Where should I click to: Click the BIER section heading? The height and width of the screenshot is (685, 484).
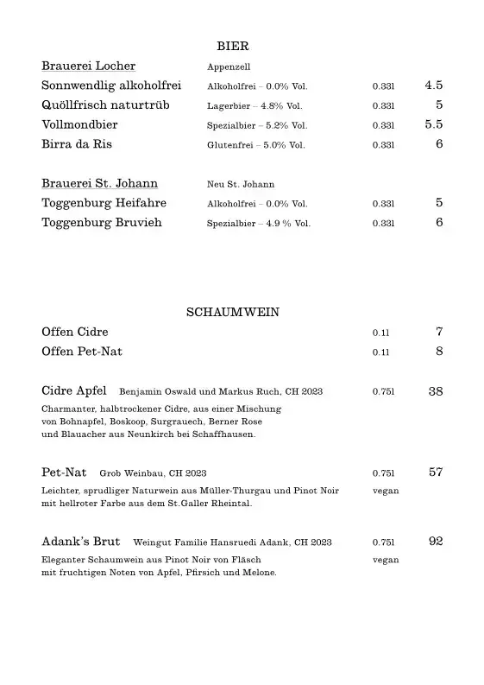pyautogui.click(x=232, y=47)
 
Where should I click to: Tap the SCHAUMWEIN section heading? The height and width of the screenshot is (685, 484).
pyautogui.click(x=232, y=313)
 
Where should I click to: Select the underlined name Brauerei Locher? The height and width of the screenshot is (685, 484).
pyautogui.click(x=88, y=67)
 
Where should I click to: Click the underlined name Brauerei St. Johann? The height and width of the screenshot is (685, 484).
pyautogui.click(x=99, y=184)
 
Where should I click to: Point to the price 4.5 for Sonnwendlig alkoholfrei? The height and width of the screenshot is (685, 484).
pyautogui.click(x=433, y=86)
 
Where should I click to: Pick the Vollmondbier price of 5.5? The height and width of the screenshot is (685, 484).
pyautogui.click(x=433, y=124)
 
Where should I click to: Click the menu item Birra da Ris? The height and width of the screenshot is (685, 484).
pyautogui.click(x=77, y=144)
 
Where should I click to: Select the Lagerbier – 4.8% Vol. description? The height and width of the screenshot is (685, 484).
pyautogui.click(x=255, y=106)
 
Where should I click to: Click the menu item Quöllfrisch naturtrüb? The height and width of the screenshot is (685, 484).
pyautogui.click(x=105, y=105)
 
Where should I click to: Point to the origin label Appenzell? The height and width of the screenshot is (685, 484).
pyautogui.click(x=228, y=67)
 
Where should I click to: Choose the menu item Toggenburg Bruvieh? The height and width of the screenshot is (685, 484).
pyautogui.click(x=102, y=223)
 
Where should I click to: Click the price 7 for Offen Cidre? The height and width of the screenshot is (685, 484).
pyautogui.click(x=439, y=332)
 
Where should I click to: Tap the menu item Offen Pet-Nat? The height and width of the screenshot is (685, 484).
pyautogui.click(x=81, y=352)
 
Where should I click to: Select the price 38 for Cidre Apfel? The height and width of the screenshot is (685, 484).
pyautogui.click(x=436, y=391)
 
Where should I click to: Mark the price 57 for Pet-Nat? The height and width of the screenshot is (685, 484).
pyautogui.click(x=436, y=473)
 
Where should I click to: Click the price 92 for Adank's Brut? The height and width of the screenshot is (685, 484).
pyautogui.click(x=436, y=542)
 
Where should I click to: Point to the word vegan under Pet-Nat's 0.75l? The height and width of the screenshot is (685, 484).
pyautogui.click(x=386, y=491)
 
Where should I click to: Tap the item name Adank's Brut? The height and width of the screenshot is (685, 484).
pyautogui.click(x=83, y=542)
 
